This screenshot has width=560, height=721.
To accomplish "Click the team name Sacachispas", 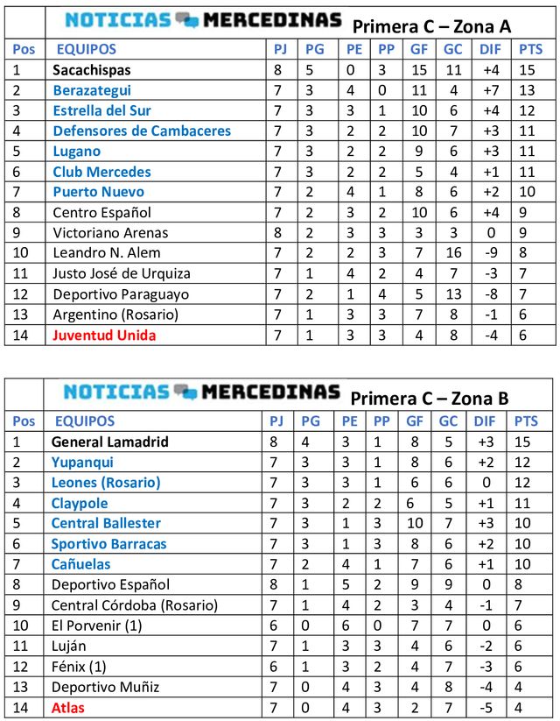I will pyautogui.click(x=92, y=69).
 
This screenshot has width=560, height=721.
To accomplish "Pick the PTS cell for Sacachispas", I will pyautogui.click(x=528, y=69).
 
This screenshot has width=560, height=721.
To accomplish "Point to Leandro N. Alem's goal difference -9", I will pyautogui.click(x=490, y=253).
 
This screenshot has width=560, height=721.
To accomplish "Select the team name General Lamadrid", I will pyautogui.click(x=110, y=442).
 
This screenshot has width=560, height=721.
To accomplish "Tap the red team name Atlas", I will pyautogui.click(x=69, y=707).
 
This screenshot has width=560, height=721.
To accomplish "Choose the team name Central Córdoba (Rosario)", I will pyautogui.click(x=134, y=604).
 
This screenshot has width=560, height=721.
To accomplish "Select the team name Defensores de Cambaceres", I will pyautogui.click(x=142, y=131).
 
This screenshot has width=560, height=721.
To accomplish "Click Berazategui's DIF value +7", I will pyautogui.click(x=490, y=90).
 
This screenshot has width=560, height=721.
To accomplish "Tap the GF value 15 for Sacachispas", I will pyautogui.click(x=419, y=69).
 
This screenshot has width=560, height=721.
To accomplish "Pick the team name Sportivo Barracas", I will pyautogui.click(x=108, y=543).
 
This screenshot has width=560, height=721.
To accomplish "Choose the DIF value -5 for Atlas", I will pyautogui.click(x=490, y=707).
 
